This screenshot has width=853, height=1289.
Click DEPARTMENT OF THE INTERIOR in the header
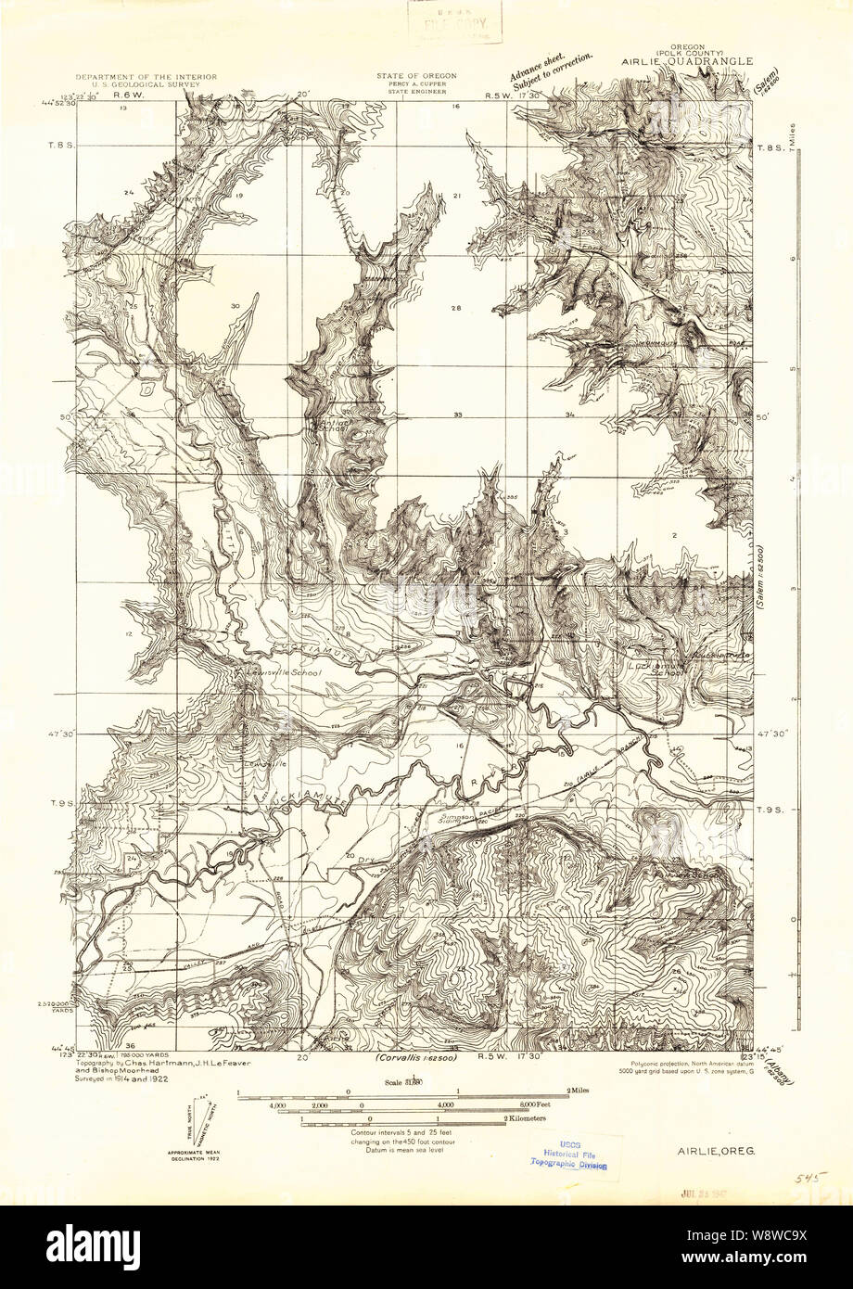[146, 76]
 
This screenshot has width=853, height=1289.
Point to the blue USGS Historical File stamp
[567, 1155]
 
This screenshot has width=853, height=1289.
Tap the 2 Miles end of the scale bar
[579, 1091]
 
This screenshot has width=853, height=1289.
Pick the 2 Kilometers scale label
[527, 1119]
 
